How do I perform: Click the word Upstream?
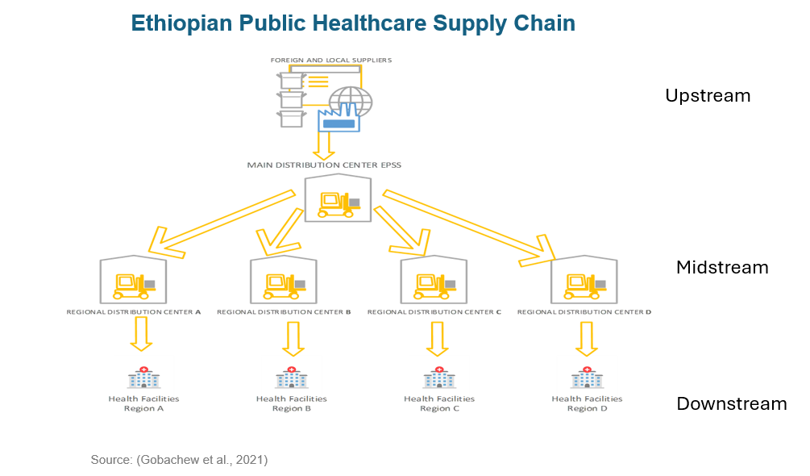pos(707,96)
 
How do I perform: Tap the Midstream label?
pos(722,267)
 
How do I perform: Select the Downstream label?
pos(731,403)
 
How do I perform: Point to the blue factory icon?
pos(339,119)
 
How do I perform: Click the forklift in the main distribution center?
pos(338,203)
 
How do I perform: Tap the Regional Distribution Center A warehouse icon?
pos(133,280)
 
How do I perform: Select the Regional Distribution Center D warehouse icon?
pos(584,280)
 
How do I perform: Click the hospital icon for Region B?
pos(291,378)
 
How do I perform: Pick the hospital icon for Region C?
pos(439,378)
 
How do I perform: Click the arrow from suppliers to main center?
pos(324,144)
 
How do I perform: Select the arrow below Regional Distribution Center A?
pos(142,334)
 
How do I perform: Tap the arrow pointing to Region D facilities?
pos(586,338)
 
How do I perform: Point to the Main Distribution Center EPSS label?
pos(324,165)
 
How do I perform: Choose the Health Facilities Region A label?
pos(143,403)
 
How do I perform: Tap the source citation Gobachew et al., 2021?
pos(179,460)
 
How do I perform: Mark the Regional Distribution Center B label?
pos(284,311)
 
